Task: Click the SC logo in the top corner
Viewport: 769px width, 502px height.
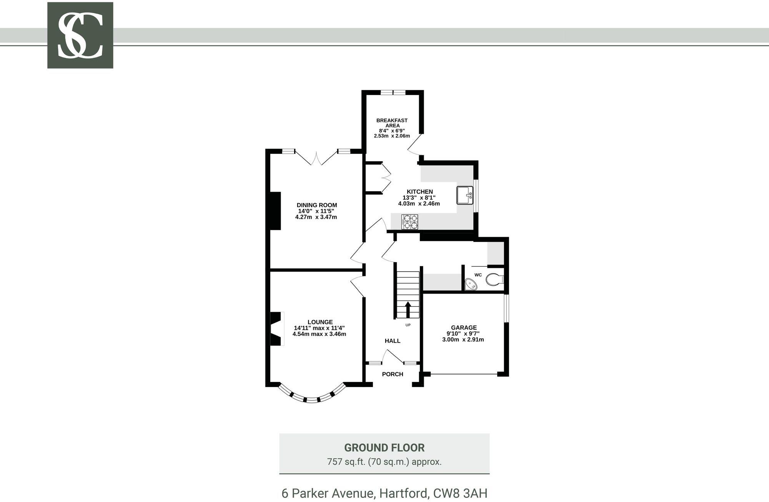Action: coord(80,35)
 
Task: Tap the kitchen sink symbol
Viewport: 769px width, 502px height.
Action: coord(465,195)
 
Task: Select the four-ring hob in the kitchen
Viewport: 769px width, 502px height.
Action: coord(410,222)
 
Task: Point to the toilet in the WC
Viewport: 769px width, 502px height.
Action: coord(494,279)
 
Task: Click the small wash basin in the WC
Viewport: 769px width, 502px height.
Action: coord(471,285)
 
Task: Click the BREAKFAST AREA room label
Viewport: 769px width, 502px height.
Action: coord(392,123)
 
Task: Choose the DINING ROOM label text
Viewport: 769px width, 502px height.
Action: coord(317,205)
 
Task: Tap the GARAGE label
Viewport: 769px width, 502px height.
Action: coord(464,328)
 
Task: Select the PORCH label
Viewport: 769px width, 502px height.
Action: coord(393,374)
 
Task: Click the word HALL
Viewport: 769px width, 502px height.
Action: coord(393,341)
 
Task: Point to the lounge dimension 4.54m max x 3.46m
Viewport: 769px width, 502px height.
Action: coord(319,334)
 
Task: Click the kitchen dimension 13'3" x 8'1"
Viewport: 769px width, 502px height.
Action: coord(419,197)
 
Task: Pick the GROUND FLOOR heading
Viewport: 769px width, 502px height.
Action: coord(384,448)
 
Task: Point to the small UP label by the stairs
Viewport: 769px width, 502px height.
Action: coord(408,325)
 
